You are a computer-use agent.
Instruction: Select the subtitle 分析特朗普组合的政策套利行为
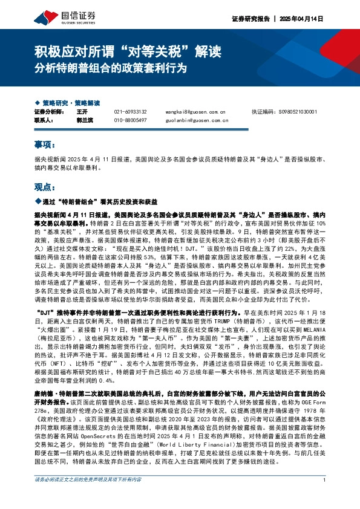pyautogui.click(x=110, y=65)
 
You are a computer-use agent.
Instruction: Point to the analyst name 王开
pyautogui.click(x=83, y=112)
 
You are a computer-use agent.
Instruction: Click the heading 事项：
pyautogui.click(x=43, y=146)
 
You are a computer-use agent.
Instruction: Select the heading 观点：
pyautogui.click(x=43, y=187)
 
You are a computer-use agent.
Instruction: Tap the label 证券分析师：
pyautogui.click(x=50, y=112)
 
